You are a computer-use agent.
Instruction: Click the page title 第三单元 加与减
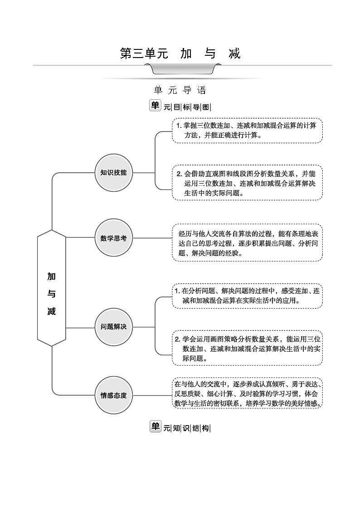click(x=180, y=53)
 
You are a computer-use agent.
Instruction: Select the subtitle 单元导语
click(x=180, y=90)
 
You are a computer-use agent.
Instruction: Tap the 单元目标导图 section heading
click(x=180, y=107)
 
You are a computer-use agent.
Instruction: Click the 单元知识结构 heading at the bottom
click(x=180, y=427)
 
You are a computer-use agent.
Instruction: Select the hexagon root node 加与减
click(x=52, y=294)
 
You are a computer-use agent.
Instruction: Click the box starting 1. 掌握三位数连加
click(x=247, y=131)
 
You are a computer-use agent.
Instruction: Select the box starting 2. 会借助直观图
click(x=247, y=183)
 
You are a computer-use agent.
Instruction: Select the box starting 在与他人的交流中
click(x=247, y=393)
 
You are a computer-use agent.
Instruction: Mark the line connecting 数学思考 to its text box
click(x=152, y=238)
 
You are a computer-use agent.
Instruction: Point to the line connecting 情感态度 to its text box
click(x=152, y=395)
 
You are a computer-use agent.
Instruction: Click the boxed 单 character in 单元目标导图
click(x=155, y=106)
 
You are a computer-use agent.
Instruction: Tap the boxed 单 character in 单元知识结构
click(x=155, y=426)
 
